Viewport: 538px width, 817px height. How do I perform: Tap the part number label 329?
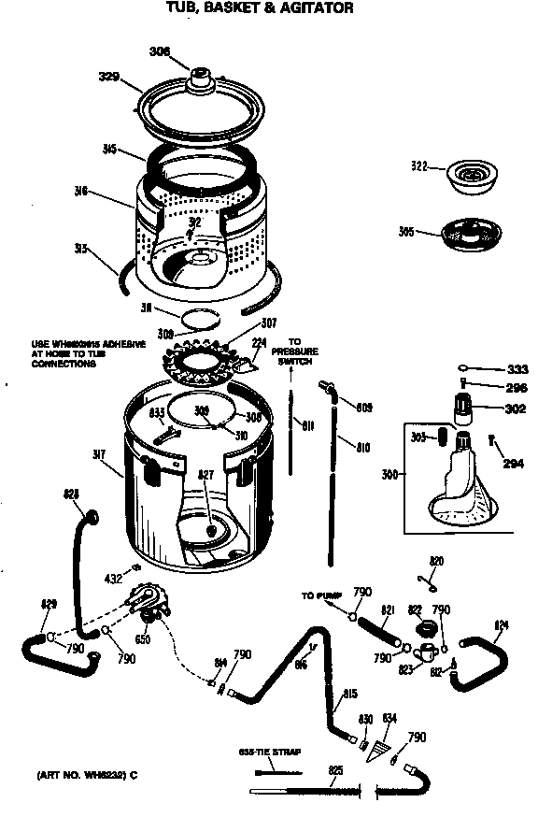[x=109, y=77]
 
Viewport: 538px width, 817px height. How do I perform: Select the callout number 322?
[x=419, y=167]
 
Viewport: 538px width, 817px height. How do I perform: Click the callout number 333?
[x=516, y=368]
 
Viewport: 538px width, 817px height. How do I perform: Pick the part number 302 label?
[x=515, y=408]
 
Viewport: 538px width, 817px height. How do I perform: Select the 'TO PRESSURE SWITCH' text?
[x=295, y=351]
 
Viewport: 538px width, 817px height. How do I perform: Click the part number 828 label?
[x=71, y=494]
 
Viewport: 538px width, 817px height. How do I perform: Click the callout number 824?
[x=502, y=624]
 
